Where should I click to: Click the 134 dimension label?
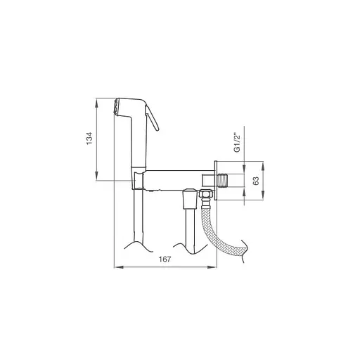pos(89,139)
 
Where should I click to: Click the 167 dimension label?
pos(165,259)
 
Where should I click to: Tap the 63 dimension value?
pos(257,181)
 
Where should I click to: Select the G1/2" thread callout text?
pos(238,143)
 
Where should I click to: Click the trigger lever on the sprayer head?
pos(152,117)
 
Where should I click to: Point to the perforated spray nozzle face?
pos(115,107)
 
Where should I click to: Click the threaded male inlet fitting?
pos(223,181)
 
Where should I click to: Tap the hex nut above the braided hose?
pos(205,194)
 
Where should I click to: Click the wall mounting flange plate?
pos(216,181)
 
